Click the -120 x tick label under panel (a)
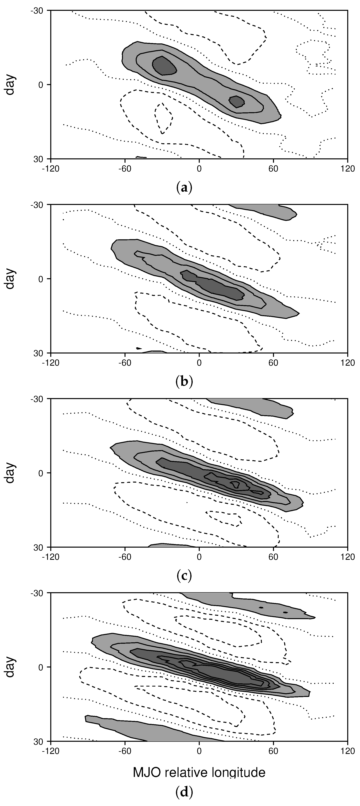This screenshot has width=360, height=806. pos(50,169)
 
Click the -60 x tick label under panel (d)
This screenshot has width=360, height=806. pos(125,751)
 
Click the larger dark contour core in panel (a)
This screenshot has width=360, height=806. pos(164,66)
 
